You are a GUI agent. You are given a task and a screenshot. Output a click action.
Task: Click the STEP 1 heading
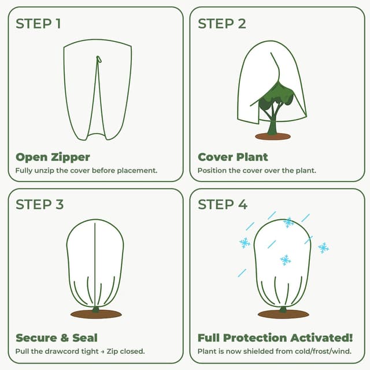coord(38,24)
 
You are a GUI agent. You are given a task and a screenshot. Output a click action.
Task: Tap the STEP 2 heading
coord(222,24)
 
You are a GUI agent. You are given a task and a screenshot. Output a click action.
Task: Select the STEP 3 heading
coord(39,205)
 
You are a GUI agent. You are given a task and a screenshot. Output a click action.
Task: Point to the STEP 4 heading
coord(223,205)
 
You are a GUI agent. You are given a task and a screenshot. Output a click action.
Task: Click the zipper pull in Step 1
coord(99,58)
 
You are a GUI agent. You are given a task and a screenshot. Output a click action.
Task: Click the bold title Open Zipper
coord(53,157)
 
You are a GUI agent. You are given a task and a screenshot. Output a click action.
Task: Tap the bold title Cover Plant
coord(233,157)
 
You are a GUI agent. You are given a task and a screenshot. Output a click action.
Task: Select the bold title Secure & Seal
coord(57,338)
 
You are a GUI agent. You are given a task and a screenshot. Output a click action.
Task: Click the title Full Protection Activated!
coord(275,338)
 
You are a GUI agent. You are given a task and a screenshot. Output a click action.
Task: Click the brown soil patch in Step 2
coord(273,136)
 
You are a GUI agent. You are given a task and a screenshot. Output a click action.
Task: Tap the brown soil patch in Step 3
coord(96,314)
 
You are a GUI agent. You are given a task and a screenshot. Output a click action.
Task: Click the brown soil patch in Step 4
coord(283,314)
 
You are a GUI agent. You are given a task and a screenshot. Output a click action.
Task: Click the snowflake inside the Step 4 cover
coord(286,260)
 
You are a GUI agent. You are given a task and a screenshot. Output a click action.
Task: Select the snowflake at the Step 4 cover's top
coord(288,222)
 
